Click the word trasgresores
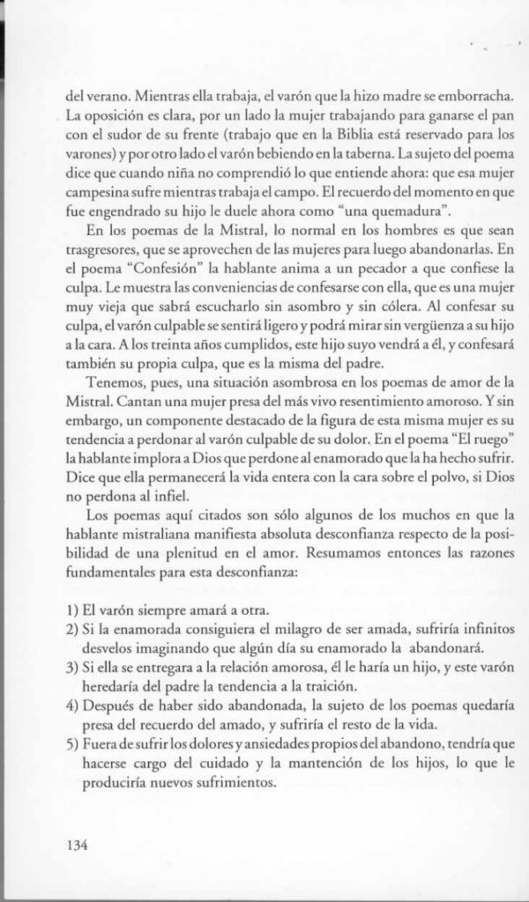click(104, 249)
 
